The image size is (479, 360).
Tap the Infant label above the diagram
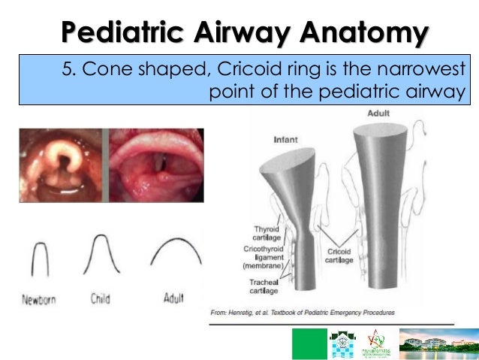[x=285, y=139]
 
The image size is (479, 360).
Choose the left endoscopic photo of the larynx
[x=63, y=165]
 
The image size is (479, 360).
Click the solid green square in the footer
[x=309, y=343]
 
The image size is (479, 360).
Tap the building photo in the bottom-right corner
[x=438, y=343]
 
